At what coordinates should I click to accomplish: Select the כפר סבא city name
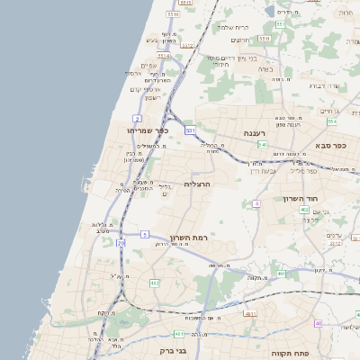(x=331, y=145)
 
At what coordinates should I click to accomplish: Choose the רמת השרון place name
(x=189, y=238)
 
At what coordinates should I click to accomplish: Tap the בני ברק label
(x=147, y=349)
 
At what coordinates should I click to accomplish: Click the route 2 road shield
(x=137, y=118)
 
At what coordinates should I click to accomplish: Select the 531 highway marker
(x=190, y=130)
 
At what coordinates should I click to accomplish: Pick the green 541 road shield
(x=262, y=144)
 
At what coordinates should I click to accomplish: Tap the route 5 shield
(x=144, y=234)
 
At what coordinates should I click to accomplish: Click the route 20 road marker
(x=121, y=267)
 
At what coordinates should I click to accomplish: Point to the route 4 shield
(x=256, y=204)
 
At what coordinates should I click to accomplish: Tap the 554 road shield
(x=332, y=121)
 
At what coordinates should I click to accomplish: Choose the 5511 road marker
(x=264, y=40)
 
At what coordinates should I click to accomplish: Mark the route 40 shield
(x=318, y=323)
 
